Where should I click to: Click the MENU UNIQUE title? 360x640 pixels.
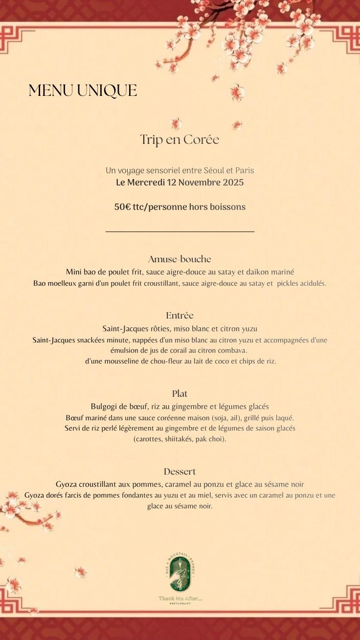click(83, 91)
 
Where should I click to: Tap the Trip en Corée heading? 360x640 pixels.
click(180, 139)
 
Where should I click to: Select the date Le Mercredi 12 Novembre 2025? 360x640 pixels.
click(180, 183)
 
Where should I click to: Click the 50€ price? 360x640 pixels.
click(122, 207)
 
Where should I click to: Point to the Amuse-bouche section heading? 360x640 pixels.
click(180, 259)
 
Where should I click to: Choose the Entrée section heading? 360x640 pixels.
click(180, 316)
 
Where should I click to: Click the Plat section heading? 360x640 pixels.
click(180, 394)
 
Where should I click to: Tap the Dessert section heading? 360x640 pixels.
click(180, 472)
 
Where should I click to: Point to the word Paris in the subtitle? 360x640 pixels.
click(245, 171)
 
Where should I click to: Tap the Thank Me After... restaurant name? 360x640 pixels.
click(180, 598)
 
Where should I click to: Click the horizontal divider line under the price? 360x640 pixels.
click(180, 231)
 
